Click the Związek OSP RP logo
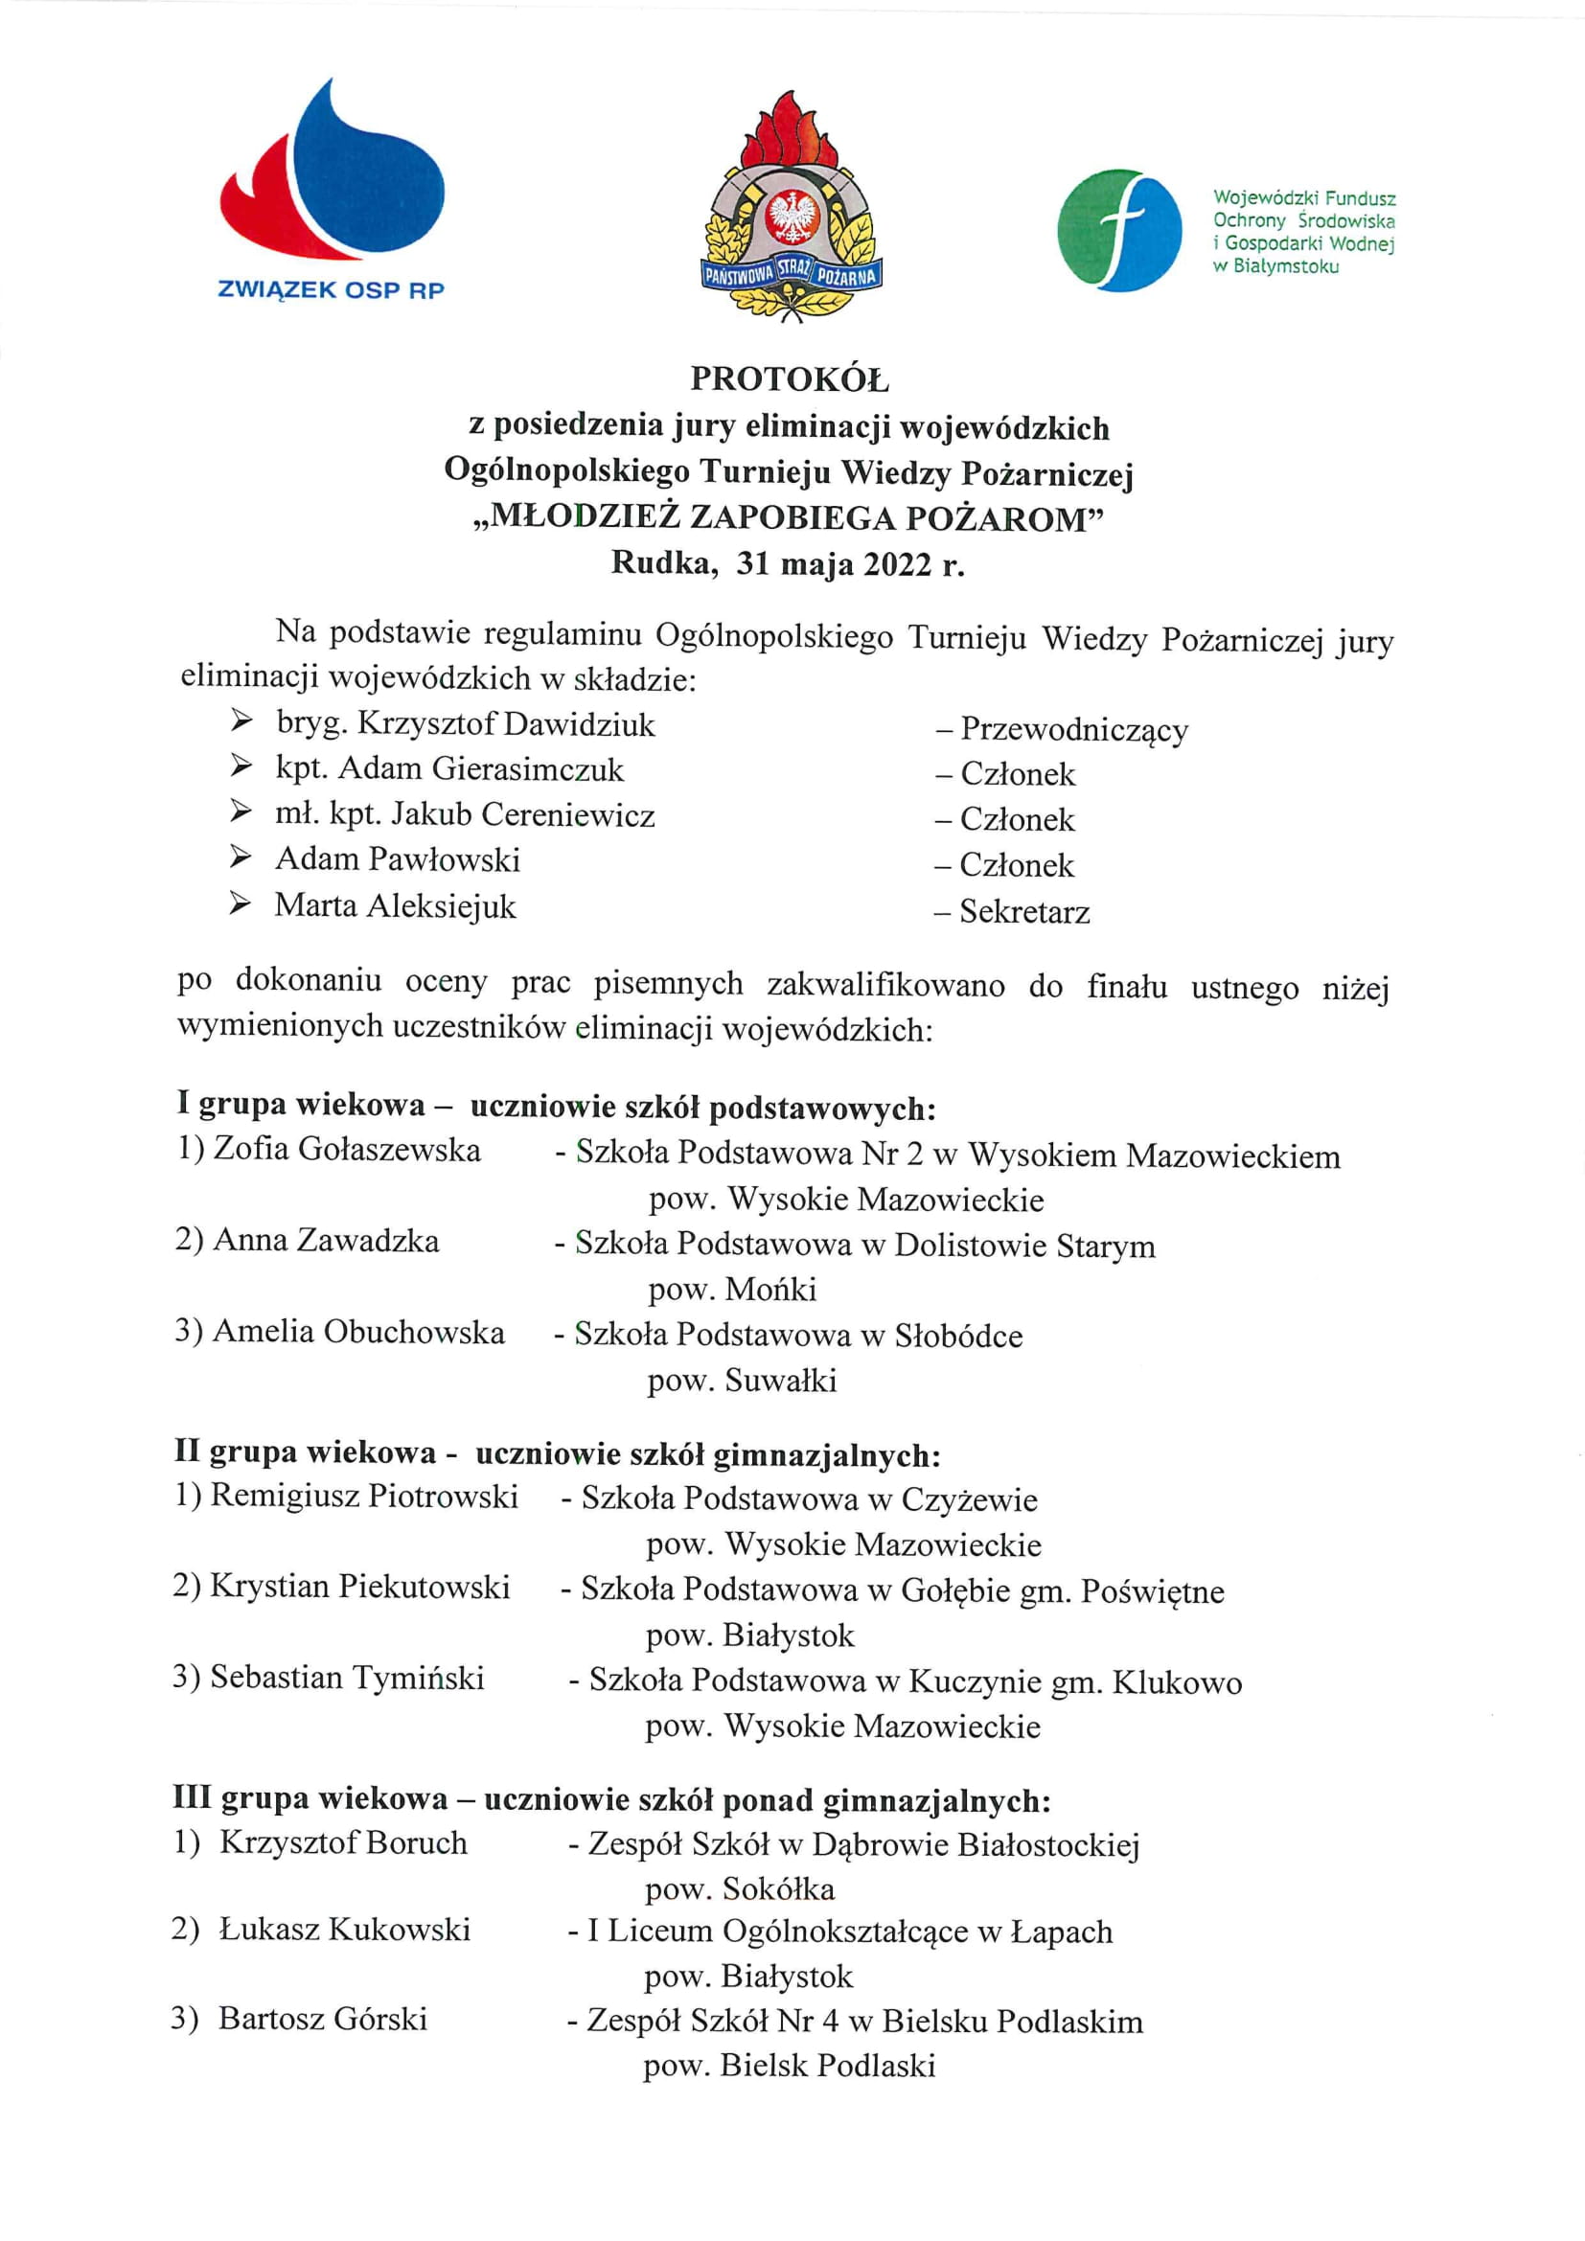(x=332, y=191)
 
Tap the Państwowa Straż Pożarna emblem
(x=792, y=208)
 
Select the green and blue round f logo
(x=1118, y=230)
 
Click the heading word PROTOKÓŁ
(x=790, y=378)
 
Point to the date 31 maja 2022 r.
(x=850, y=563)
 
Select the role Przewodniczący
(x=1073, y=729)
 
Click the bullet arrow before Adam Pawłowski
(x=241, y=858)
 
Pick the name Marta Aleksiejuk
(x=395, y=905)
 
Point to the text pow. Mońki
(x=732, y=1290)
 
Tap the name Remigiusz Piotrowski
(x=364, y=1496)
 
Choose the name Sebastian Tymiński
(x=348, y=1677)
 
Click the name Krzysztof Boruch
(x=342, y=1841)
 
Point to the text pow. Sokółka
(x=740, y=1888)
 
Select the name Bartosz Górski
(x=323, y=2018)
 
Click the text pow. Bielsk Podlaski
(x=789, y=2065)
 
